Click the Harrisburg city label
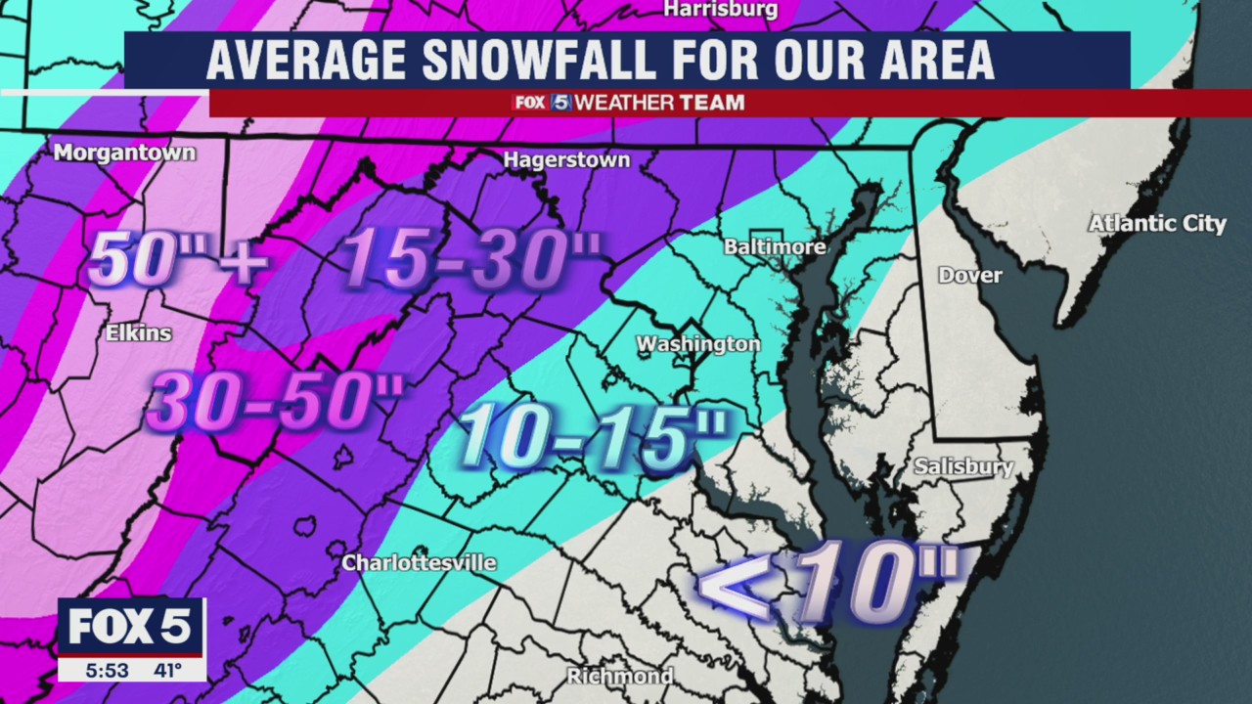pyautogui.click(x=720, y=10)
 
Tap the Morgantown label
pyautogui.click(x=124, y=153)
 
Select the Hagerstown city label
pyautogui.click(x=566, y=159)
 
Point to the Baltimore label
pyautogui.click(x=775, y=247)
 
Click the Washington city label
pyautogui.click(x=697, y=344)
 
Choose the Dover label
pyautogui.click(x=969, y=276)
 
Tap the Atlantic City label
pyautogui.click(x=1157, y=224)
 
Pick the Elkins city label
pyautogui.click(x=139, y=333)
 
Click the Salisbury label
pyautogui.click(x=963, y=467)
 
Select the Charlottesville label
pyautogui.click(x=419, y=563)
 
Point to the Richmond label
pyautogui.click(x=620, y=677)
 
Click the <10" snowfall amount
pyautogui.click(x=831, y=583)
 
